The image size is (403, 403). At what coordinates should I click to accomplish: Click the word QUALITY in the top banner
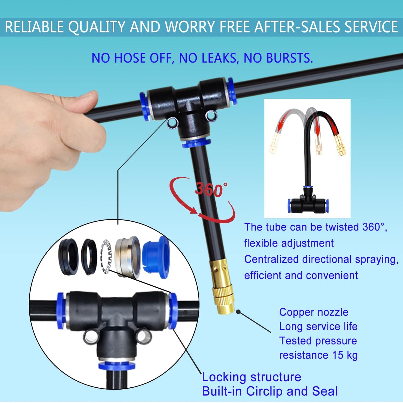pos(96,27)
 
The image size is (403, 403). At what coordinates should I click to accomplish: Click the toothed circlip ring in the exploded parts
pos(106,256)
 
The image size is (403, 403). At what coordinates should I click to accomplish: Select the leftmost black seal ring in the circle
pos(69,257)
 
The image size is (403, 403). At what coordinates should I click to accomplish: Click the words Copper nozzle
pos(314,312)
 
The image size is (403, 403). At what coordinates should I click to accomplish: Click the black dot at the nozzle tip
pos(238,312)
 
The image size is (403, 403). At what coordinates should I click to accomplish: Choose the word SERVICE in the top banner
pos(371,27)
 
